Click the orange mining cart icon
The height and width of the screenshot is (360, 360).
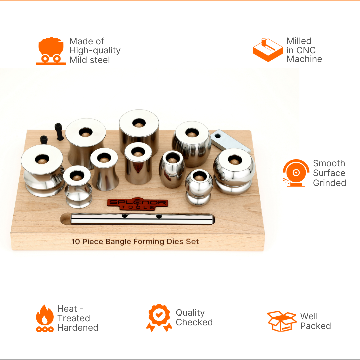[51, 51]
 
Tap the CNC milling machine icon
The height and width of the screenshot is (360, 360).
[268, 50]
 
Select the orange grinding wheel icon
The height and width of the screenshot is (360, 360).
[296, 173]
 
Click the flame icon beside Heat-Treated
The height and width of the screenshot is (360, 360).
[45, 318]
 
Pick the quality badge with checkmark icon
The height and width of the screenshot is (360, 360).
[159, 318]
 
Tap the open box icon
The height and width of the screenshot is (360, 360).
[282, 321]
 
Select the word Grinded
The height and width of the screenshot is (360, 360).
[329, 183]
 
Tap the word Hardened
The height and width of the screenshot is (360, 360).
[78, 328]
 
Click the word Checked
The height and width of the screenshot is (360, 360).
[194, 322]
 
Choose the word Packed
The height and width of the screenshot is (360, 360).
[316, 326]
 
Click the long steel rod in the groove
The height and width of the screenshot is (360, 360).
[142, 219]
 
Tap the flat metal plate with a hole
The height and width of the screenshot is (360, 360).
[230, 141]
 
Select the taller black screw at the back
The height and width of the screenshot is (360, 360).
[59, 132]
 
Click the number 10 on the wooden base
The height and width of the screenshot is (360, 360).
[76, 242]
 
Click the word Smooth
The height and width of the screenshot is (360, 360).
[329, 163]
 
